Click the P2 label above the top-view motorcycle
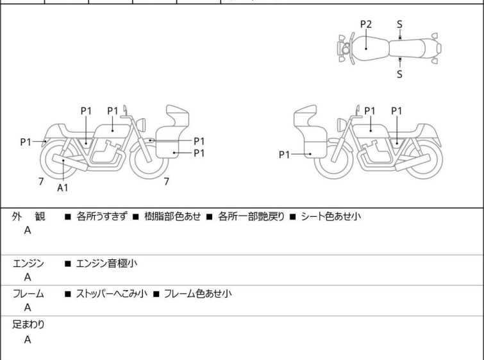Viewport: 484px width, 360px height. tap(366, 24)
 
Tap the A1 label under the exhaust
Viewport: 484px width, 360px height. tap(63, 187)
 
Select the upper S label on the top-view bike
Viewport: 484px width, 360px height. tap(399, 24)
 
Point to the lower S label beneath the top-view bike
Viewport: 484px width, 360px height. tap(399, 74)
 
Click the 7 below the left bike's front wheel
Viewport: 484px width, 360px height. tap(167, 182)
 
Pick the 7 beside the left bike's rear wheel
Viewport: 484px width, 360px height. tap(41, 182)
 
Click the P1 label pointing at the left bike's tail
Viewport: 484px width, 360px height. tap(26, 142)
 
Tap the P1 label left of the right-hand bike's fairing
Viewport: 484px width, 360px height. tap(284, 155)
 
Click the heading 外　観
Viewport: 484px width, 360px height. tap(28, 216)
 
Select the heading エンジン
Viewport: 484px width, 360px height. tap(28, 264)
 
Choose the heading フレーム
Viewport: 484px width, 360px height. tap(28, 293)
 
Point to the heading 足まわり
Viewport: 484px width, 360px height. tap(28, 325)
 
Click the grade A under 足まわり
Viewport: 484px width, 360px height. tap(28, 339)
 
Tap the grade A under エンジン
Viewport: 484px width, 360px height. tap(28, 277)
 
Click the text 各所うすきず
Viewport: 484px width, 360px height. tap(101, 216)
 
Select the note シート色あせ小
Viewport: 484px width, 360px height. tap(331, 216)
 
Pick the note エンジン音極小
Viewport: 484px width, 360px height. tap(106, 264)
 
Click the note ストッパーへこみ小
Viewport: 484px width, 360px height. tap(112, 293)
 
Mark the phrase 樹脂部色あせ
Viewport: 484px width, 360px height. tap(172, 216)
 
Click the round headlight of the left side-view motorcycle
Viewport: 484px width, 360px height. tap(141, 125)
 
